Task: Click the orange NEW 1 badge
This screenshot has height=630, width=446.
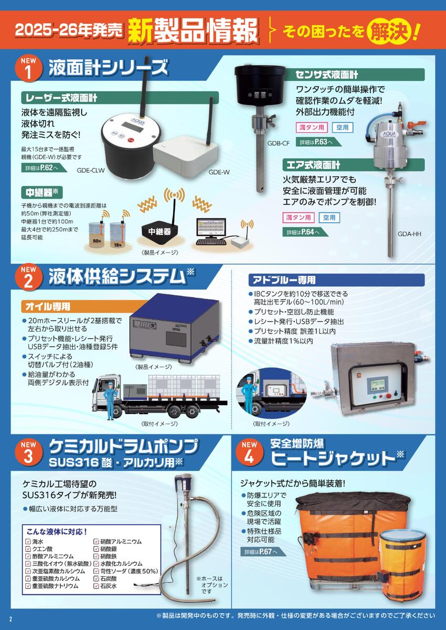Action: pos(28,68)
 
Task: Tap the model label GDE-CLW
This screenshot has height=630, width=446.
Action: pos(90,170)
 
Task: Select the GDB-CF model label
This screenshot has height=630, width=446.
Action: pos(278,143)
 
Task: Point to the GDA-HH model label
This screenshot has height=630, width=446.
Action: pos(409,233)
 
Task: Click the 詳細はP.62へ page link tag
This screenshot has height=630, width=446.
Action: pos(44,168)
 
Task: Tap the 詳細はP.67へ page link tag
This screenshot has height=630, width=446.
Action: pos(263,551)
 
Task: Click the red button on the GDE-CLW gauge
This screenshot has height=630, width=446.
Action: pos(130,139)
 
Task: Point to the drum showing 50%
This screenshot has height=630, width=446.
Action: pos(97,235)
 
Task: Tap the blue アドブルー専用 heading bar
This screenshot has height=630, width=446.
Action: pos(336,280)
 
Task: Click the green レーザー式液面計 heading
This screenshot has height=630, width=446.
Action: pos(120,97)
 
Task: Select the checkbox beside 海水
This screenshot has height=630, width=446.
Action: pos(28,541)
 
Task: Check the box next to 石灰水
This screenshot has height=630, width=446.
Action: pos(96,586)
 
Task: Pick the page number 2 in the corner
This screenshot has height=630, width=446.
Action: pos(10,619)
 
